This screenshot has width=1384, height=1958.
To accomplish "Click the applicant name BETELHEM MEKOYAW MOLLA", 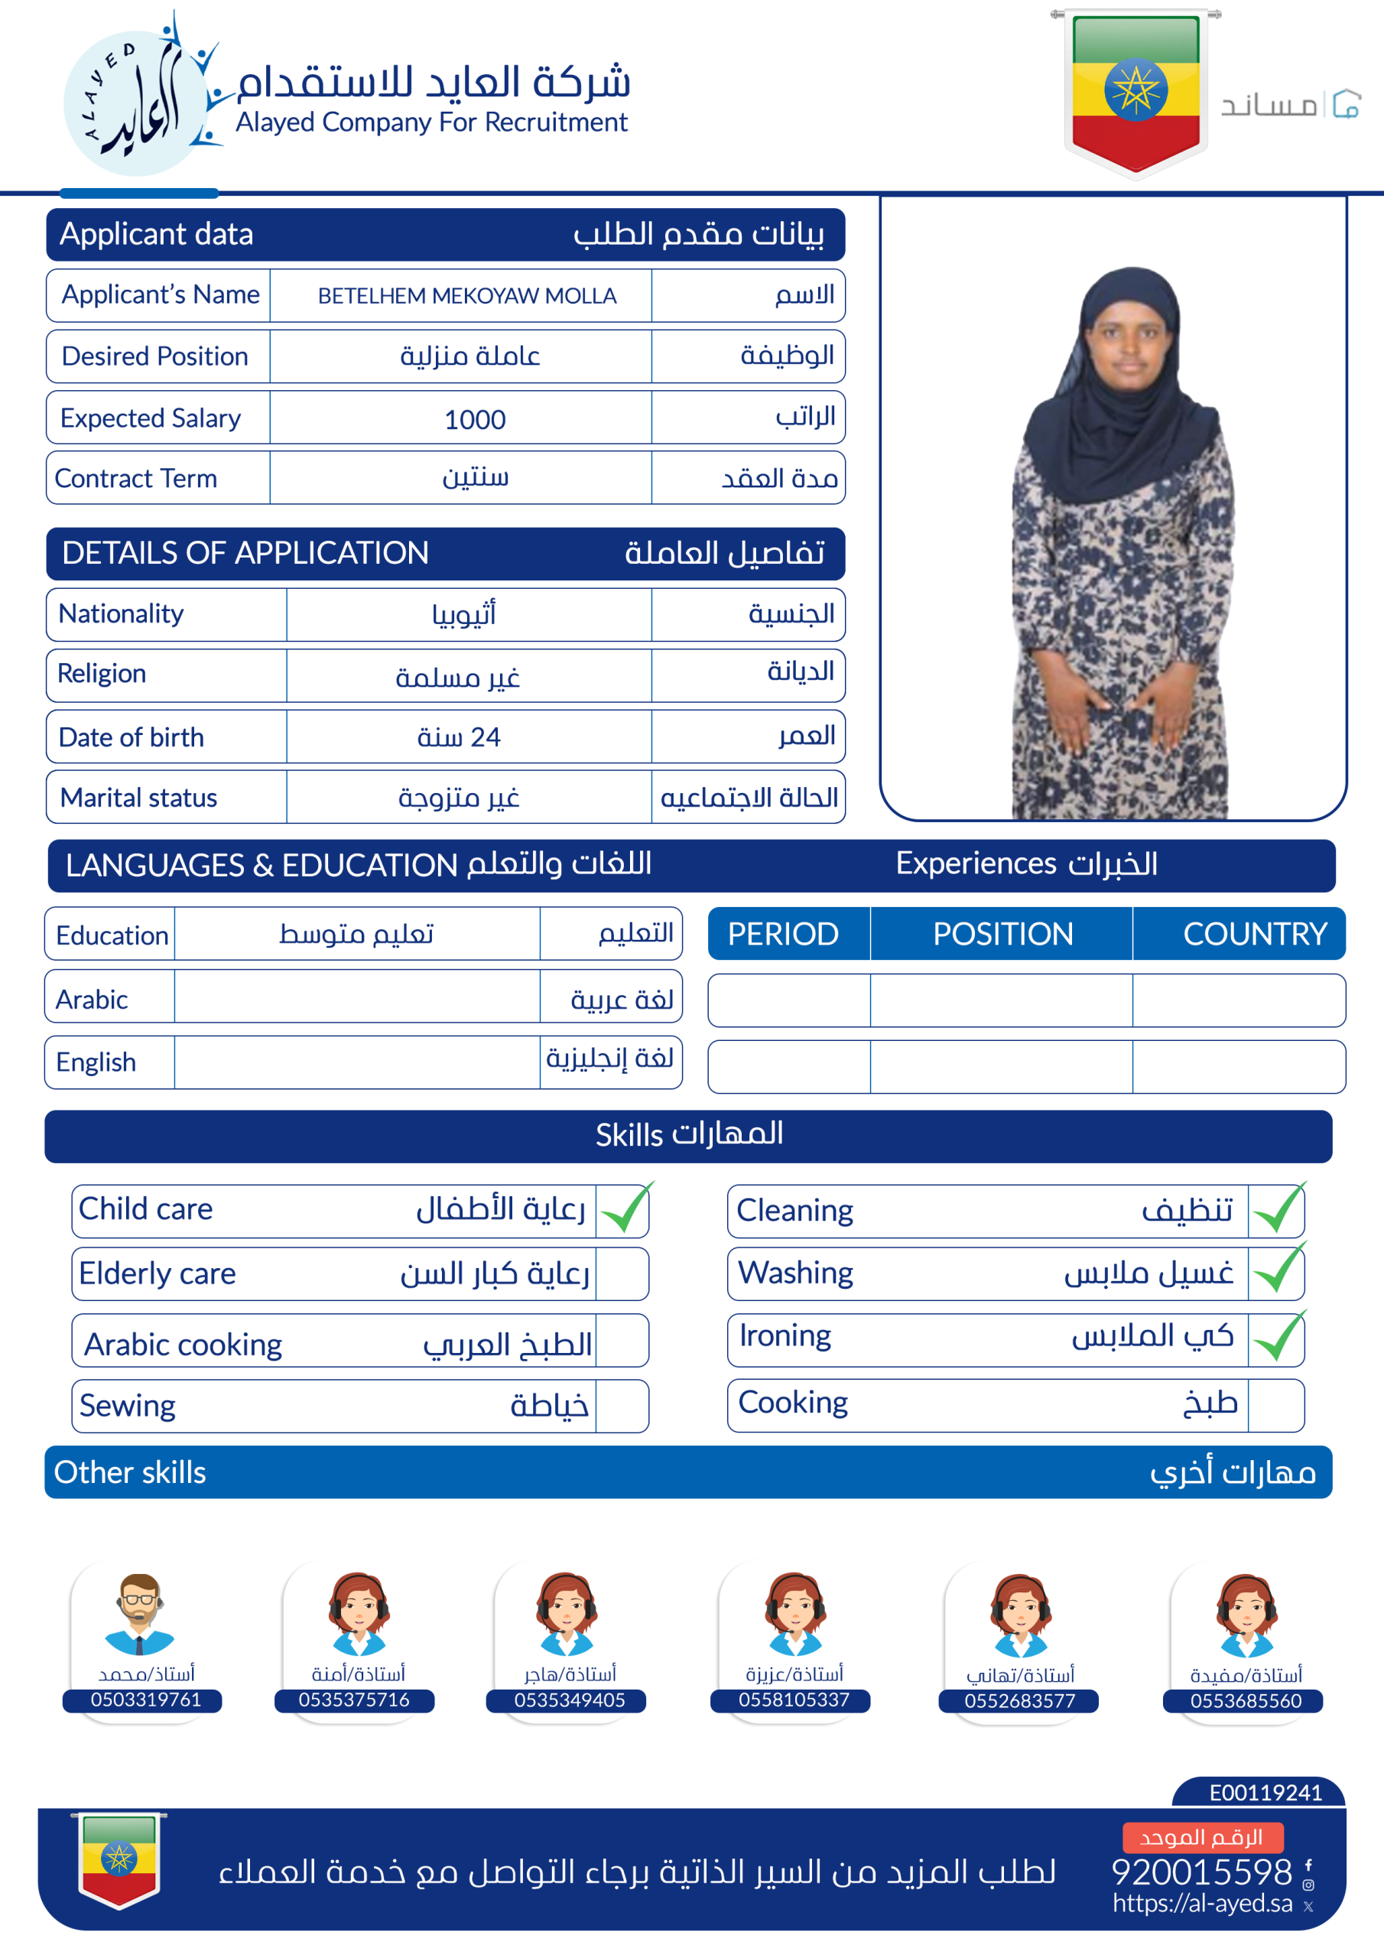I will pos(466,296).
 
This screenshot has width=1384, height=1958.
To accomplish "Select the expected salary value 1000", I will pos(475,420).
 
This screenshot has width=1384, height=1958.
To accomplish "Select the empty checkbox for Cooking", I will pos(1275,1404).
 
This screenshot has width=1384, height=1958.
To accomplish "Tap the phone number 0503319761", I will pos(146,1699).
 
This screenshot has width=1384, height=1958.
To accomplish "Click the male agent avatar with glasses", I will pos(140,1614).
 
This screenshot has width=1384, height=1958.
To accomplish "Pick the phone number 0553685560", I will pos(1245,1700).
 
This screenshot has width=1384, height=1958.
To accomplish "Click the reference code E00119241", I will pos(1265,1793).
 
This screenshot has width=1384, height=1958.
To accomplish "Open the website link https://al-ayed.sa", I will pos(1201,1904).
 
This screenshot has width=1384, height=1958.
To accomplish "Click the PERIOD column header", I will pos(783,934).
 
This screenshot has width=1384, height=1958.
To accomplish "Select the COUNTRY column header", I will pos(1254,934).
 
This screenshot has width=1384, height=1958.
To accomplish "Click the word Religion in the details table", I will pos(102,674).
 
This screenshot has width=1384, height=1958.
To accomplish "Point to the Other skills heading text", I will pos(130,1473).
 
